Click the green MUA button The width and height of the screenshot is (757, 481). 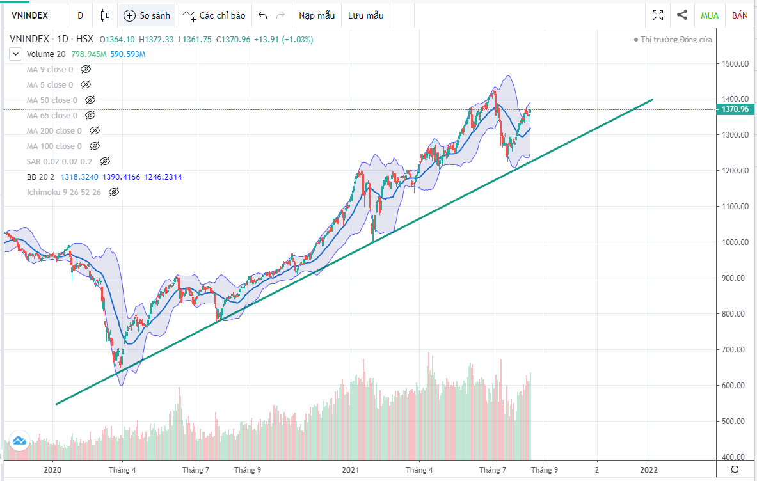click(710, 15)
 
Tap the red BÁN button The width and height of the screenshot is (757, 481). click(740, 15)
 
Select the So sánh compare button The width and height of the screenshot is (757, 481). click(148, 15)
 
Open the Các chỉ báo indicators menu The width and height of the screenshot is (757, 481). click(214, 15)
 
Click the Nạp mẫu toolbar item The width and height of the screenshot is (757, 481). click(317, 15)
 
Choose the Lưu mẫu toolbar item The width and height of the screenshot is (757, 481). click(366, 15)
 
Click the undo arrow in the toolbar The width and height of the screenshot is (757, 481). click(263, 15)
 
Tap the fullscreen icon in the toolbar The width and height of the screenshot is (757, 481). click(658, 15)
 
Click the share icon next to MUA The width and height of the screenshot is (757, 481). click(682, 15)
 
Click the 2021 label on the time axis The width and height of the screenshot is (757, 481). click(350, 470)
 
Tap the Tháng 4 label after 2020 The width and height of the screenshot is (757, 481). click(123, 470)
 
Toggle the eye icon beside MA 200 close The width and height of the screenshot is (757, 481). click(94, 130)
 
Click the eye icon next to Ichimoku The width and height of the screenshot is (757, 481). click(113, 192)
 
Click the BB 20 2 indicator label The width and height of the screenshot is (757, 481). click(40, 177)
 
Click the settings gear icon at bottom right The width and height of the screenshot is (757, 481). click(736, 470)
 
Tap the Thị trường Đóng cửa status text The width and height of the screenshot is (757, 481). click(676, 40)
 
